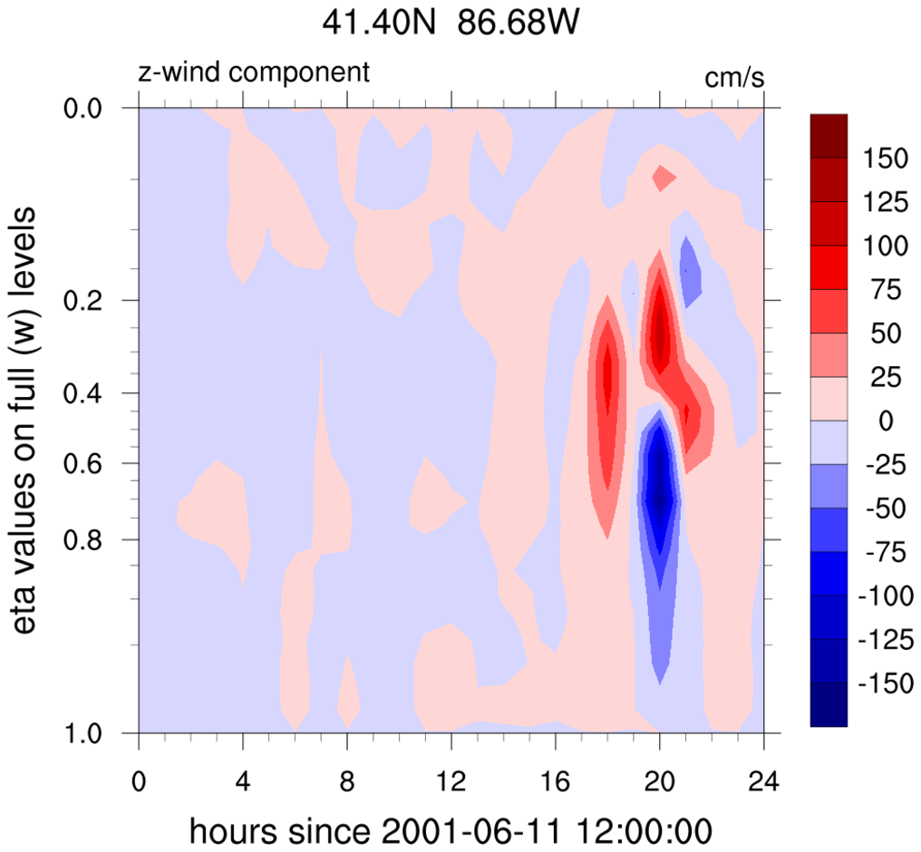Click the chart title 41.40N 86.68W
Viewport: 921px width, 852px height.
tap(450, 24)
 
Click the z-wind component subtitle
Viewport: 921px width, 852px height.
tap(254, 73)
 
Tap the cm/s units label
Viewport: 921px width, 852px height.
tap(735, 78)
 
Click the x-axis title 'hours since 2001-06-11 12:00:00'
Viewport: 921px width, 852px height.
tap(451, 828)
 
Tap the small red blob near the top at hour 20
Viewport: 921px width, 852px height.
tap(664, 178)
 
